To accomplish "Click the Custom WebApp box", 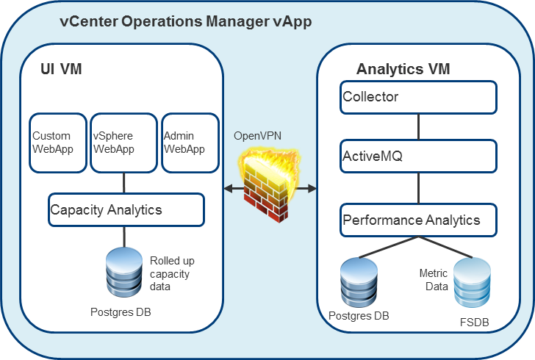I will (57, 143).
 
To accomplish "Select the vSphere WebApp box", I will (123, 143).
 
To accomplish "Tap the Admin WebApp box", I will (190, 143).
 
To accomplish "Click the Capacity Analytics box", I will (126, 209).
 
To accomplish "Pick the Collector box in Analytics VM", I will (418, 97).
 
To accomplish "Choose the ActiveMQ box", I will (418, 156).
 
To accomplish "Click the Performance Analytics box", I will (418, 220).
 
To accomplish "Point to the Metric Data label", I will (434, 279).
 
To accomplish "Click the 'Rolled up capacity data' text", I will (172, 273).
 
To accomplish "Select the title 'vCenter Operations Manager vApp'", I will (185, 21).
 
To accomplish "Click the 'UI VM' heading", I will (61, 69).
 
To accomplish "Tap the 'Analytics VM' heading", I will (403, 69).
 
